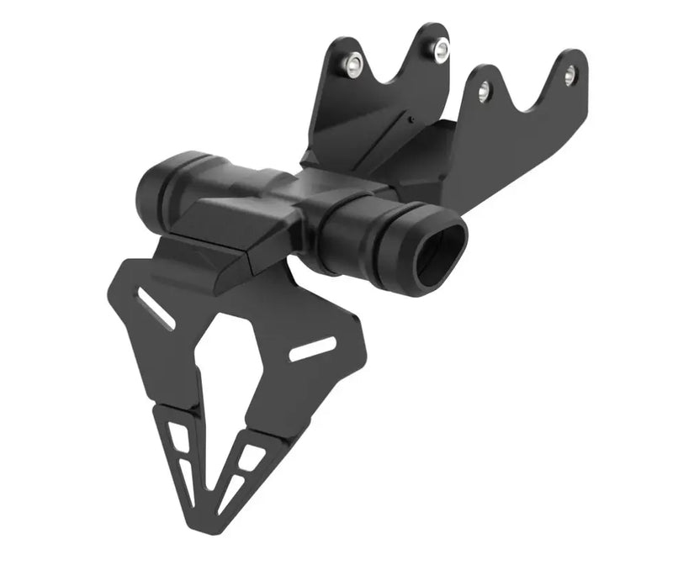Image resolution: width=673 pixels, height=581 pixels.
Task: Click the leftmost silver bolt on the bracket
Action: click(354, 62)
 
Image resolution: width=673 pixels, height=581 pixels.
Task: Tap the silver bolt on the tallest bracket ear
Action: click(440, 49)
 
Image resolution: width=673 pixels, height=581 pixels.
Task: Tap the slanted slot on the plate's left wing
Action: click(156, 309)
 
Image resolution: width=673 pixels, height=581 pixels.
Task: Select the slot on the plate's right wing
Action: click(312, 349)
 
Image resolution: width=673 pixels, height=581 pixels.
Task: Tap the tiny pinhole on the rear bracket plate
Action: click(411, 119)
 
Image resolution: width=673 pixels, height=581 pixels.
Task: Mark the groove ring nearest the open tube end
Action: click(395, 252)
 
